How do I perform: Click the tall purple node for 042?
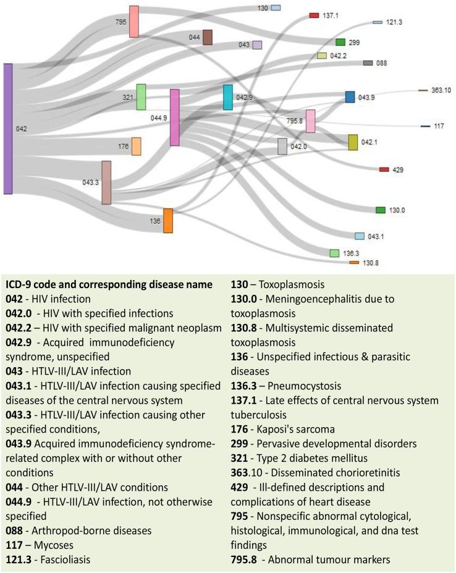click(8, 129)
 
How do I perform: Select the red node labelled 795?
click(134, 22)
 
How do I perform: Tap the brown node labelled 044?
click(208, 37)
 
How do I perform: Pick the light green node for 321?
click(141, 97)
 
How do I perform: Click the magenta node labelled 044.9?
click(175, 117)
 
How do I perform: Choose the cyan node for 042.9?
click(228, 97)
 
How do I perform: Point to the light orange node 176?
click(136, 146)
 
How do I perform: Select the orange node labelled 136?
click(167, 221)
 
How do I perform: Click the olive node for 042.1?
click(353, 142)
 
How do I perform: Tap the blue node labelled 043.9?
click(350, 97)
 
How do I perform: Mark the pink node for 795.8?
click(311, 121)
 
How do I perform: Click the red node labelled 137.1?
click(314, 15)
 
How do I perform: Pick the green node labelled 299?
click(340, 42)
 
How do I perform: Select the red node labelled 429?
click(384, 169)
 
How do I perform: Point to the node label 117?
click(439, 126)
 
